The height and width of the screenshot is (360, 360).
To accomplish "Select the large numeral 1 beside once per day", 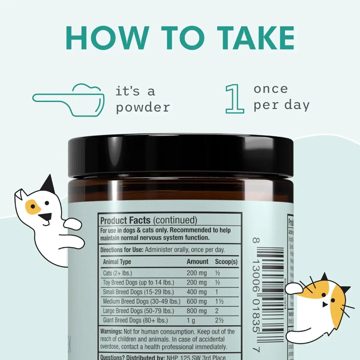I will point(235,99).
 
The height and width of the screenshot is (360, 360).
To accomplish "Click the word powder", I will point(143,107).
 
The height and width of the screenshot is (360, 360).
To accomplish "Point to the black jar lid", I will point(180,156).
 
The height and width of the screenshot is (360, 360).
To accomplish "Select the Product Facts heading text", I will point(125,220).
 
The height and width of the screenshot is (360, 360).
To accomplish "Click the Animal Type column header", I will point(117,262).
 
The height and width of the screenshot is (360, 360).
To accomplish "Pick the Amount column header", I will point(197,262).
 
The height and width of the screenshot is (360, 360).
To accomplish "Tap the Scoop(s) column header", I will point(226,262).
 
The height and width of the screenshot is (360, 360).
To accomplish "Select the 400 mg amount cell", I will point(196,292).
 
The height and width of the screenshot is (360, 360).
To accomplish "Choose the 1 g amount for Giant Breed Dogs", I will point(191,320).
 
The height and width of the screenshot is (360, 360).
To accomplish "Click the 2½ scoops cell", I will point(219,320).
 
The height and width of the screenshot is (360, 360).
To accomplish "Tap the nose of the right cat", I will point(324,304).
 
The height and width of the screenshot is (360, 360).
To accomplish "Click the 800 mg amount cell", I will point(196,311).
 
